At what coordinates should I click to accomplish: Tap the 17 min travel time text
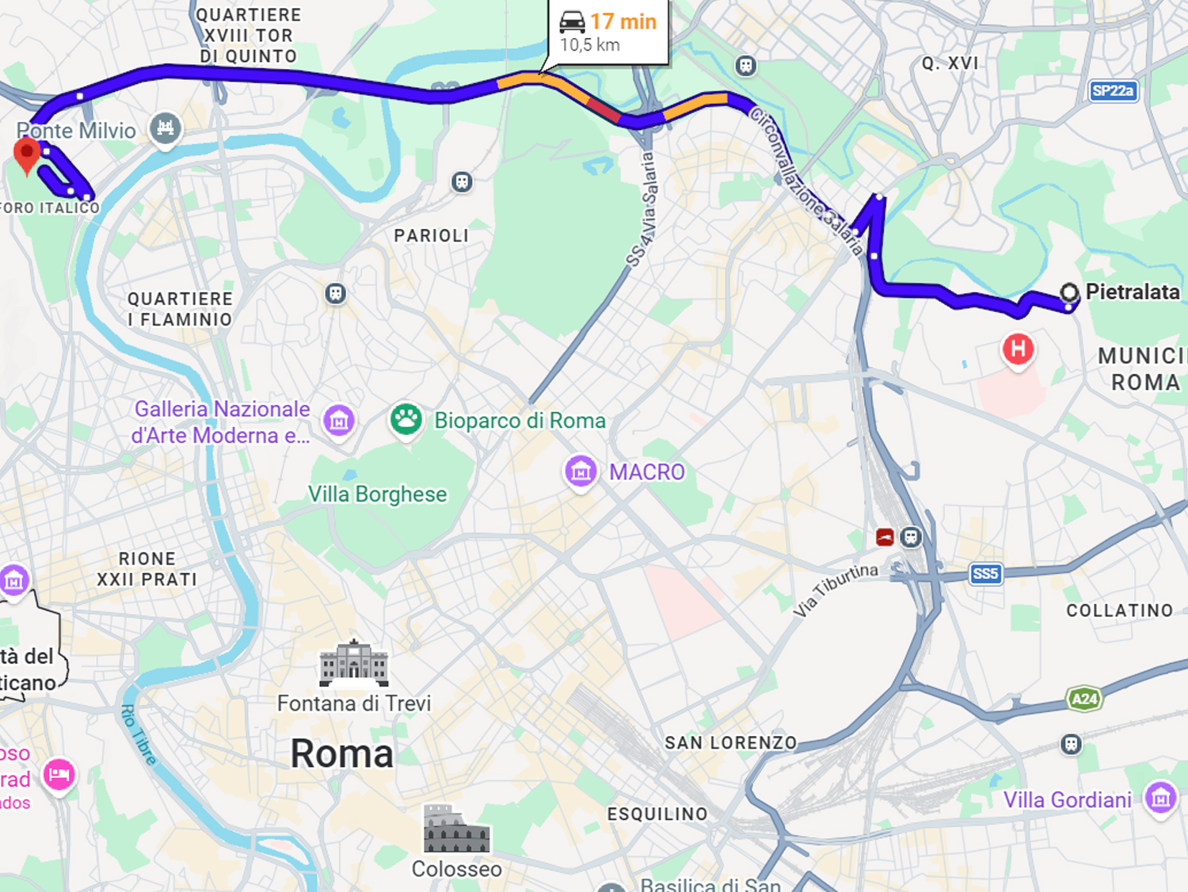point(623,21)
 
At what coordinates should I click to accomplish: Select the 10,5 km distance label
point(590,45)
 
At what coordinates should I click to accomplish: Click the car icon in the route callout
point(572,21)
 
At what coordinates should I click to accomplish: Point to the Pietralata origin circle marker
point(1069,292)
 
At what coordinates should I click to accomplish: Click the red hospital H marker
point(1018,349)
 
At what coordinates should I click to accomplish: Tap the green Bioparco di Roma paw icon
point(406,419)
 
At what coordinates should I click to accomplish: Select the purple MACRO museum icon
point(581,471)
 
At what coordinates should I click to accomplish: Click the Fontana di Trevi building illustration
point(353,664)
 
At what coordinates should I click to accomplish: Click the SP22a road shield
point(1112,90)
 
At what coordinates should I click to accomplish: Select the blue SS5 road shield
point(985,574)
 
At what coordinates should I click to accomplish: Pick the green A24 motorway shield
point(1084,699)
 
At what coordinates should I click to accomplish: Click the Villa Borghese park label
point(377,494)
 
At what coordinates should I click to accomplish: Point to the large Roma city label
point(341,753)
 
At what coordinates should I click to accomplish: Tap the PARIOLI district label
point(432,235)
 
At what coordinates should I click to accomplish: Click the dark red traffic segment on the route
point(604,109)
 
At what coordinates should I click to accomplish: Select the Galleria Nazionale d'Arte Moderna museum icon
point(339,421)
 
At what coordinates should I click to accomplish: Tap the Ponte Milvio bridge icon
point(166,128)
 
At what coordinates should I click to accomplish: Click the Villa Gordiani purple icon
point(1160,798)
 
